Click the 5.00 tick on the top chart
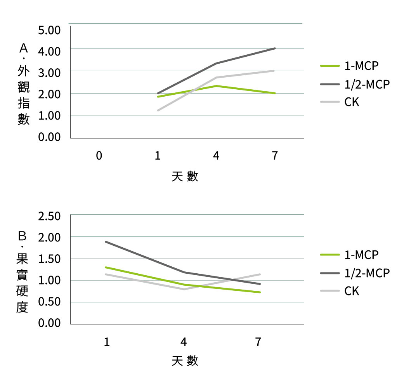coord(49,30)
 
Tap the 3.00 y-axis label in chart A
coord(49,73)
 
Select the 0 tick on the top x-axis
coord(99,156)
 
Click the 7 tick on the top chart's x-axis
coord(275,156)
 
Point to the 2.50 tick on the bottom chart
coord(49,217)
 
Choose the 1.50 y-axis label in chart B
coord(49,259)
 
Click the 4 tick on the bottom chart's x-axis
coord(184,342)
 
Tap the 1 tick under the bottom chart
coord(107,342)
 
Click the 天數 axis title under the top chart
coord(185,177)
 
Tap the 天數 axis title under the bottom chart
coord(185,361)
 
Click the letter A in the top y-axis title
coord(24,48)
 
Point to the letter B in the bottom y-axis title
coord(23,236)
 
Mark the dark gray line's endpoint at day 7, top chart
coord(275,49)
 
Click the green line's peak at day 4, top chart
coord(216,86)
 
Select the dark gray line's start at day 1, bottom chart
coord(106,241)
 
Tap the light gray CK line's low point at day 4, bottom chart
coord(184,289)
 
